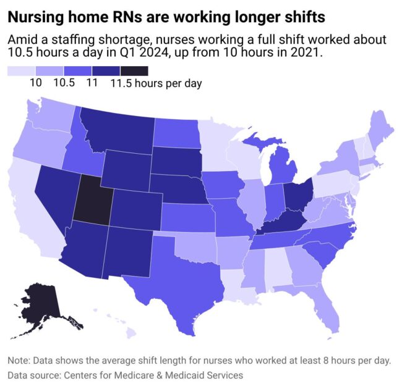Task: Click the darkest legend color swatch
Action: pos(134,71)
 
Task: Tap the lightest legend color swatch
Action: pos(21,71)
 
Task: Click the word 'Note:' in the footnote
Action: pos(22,361)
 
